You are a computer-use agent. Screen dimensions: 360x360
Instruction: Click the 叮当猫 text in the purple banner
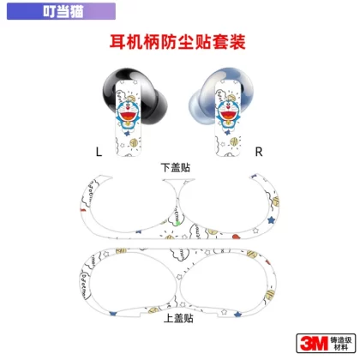(x=63, y=11)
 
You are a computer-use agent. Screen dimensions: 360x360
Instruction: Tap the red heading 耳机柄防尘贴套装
(x=177, y=42)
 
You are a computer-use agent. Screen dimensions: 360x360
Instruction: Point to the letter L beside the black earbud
(x=99, y=152)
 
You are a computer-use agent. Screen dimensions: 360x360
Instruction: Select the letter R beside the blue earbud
(x=259, y=152)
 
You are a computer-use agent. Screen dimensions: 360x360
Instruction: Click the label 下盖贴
(x=176, y=167)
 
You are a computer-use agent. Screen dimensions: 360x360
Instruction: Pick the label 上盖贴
(x=178, y=318)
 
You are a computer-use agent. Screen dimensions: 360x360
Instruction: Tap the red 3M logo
(x=314, y=343)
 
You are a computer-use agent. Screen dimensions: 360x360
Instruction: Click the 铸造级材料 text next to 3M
(x=341, y=344)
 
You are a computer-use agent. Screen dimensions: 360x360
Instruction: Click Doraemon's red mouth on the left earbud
(x=128, y=117)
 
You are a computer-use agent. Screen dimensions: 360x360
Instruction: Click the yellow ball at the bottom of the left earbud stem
(x=135, y=142)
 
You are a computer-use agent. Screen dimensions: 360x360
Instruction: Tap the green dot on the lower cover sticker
(x=178, y=222)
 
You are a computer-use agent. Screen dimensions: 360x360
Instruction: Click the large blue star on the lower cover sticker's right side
(x=271, y=220)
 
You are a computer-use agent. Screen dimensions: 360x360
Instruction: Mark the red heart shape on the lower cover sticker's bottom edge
(x=236, y=237)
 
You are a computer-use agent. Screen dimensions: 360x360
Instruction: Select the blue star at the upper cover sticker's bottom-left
(x=113, y=314)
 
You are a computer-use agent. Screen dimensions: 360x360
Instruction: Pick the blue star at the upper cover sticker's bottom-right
(x=237, y=315)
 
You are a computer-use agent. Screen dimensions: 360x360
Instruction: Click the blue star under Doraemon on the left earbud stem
(x=125, y=133)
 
